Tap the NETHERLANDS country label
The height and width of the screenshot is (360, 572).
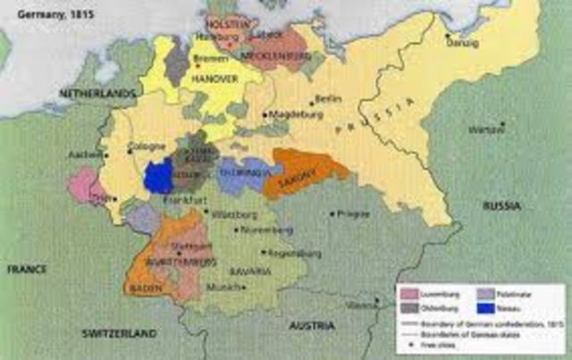[97, 94]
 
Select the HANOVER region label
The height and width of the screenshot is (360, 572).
[211, 79]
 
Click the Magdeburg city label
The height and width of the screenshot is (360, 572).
[293, 114]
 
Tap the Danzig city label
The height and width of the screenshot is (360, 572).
[457, 43]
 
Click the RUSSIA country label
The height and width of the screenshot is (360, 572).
[502, 205]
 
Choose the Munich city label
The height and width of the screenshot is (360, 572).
[220, 287]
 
